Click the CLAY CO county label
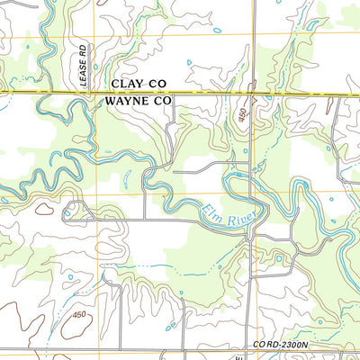[x=139, y=83]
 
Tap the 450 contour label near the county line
[x=242, y=116]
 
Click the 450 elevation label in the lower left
[x=79, y=315]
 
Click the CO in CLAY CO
[x=158, y=83]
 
